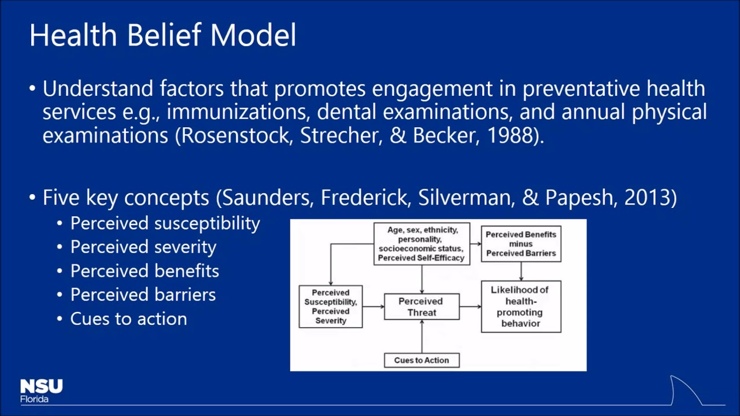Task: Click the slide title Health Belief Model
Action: pyautogui.click(x=162, y=35)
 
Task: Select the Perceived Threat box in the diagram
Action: pyautogui.click(x=421, y=307)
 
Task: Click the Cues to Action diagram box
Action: pyautogui.click(x=421, y=360)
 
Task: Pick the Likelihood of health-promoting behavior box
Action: pyautogui.click(x=520, y=306)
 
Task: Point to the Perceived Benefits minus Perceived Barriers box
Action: pyautogui.click(x=520, y=244)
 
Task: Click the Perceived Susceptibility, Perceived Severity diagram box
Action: pyautogui.click(x=331, y=307)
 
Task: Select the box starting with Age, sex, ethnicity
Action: pyautogui.click(x=421, y=244)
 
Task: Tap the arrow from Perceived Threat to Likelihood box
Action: pyautogui.click(x=470, y=307)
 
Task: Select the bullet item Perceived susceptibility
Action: pyautogui.click(x=165, y=224)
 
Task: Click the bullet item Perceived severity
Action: pyautogui.click(x=143, y=247)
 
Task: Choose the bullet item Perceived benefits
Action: pyautogui.click(x=145, y=271)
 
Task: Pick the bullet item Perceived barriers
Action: pyautogui.click(x=143, y=295)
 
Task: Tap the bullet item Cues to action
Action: pyautogui.click(x=128, y=319)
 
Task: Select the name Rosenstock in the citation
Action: pyautogui.click(x=237, y=136)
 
